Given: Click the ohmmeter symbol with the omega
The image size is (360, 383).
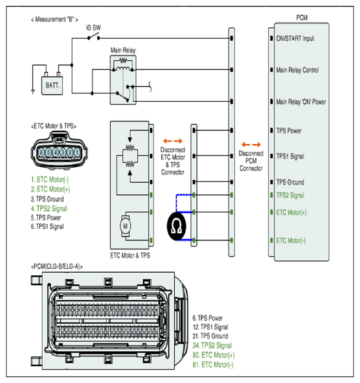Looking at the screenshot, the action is click(x=177, y=226).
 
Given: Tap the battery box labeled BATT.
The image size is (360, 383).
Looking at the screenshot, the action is click(x=52, y=86).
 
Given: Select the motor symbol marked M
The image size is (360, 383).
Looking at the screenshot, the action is click(x=125, y=226).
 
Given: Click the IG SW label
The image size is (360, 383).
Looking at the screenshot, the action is click(x=93, y=28).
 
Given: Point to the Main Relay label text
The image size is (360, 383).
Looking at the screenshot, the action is click(x=123, y=51).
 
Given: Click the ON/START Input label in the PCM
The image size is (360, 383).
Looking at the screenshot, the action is click(x=295, y=39).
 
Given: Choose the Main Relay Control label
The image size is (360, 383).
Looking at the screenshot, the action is click(x=298, y=70).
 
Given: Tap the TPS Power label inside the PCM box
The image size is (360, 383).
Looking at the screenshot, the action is click(x=289, y=131).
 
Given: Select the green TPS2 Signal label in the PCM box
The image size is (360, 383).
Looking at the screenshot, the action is click(x=290, y=196).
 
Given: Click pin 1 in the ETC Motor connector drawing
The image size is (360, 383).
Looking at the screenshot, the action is click(x=77, y=153).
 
